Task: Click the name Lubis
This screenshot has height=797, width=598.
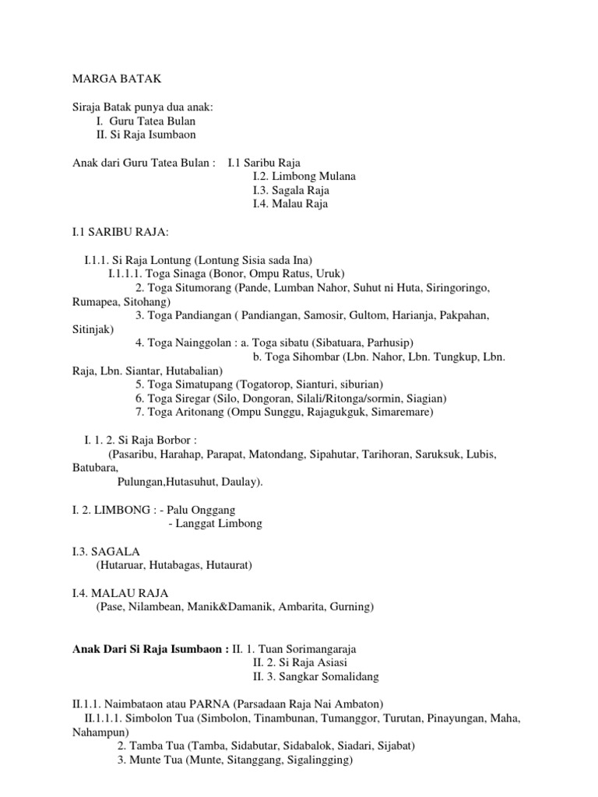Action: click(479, 454)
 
